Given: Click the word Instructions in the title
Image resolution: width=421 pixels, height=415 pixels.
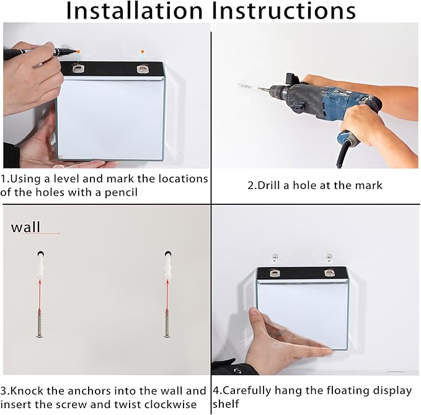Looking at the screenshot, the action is click(x=283, y=11).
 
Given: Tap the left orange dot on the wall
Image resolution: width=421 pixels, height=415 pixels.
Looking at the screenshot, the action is click(x=78, y=51).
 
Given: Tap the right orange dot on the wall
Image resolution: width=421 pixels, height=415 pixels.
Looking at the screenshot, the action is click(x=143, y=51).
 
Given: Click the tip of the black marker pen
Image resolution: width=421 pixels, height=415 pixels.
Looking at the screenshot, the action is click(x=76, y=52).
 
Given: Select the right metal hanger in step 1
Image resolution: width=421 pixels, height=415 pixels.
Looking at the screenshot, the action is click(x=142, y=69).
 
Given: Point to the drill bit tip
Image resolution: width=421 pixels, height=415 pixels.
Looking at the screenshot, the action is click(x=239, y=85).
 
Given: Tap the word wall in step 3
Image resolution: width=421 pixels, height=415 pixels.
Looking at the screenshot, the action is click(x=25, y=227).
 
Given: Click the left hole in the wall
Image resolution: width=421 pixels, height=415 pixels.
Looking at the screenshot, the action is click(x=41, y=253).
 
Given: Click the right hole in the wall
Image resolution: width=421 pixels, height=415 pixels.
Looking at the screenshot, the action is click(x=168, y=253).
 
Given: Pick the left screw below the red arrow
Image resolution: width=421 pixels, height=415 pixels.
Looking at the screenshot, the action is click(x=40, y=323).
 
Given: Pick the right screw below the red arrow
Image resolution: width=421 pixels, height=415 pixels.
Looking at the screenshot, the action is click(x=167, y=323).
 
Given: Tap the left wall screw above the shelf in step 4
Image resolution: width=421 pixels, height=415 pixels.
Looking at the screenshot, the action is click(x=275, y=258).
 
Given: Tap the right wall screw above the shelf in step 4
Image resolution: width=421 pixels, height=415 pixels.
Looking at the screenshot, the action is click(x=329, y=258).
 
